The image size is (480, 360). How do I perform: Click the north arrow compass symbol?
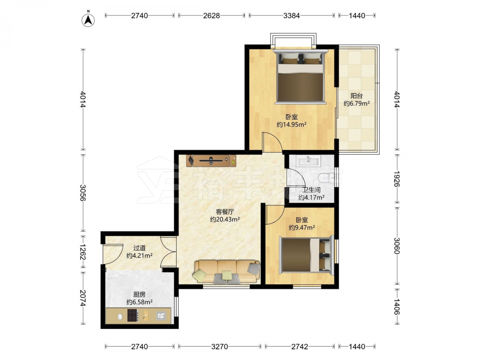pos(88,20)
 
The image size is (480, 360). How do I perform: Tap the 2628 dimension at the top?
pos(212,16)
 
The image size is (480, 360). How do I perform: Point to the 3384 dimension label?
pos(291,16)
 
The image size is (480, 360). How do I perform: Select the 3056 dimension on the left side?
pos(83,193)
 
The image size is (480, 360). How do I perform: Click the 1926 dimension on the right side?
pos(397,179)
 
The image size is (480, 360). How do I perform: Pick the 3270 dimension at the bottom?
pos(219,347)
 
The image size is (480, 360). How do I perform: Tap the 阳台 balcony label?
pos(357,96)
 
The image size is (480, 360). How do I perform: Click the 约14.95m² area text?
pos(292,125)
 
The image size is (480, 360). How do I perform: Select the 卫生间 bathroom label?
pos(312,190)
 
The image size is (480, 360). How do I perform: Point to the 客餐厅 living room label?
pos(225,212)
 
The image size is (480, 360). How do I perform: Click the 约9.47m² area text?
pos(302,228)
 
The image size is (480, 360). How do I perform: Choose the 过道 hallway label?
pos(139,248)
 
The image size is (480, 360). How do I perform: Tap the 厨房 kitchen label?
pos(139,295)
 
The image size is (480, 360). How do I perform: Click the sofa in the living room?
pos(227,271)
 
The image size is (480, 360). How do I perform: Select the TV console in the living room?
pos(211,160)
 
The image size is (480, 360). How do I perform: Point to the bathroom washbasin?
pos(309,160)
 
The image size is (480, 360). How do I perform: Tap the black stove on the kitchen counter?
pos(132,315)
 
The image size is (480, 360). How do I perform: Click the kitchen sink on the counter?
pos(161,315)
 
